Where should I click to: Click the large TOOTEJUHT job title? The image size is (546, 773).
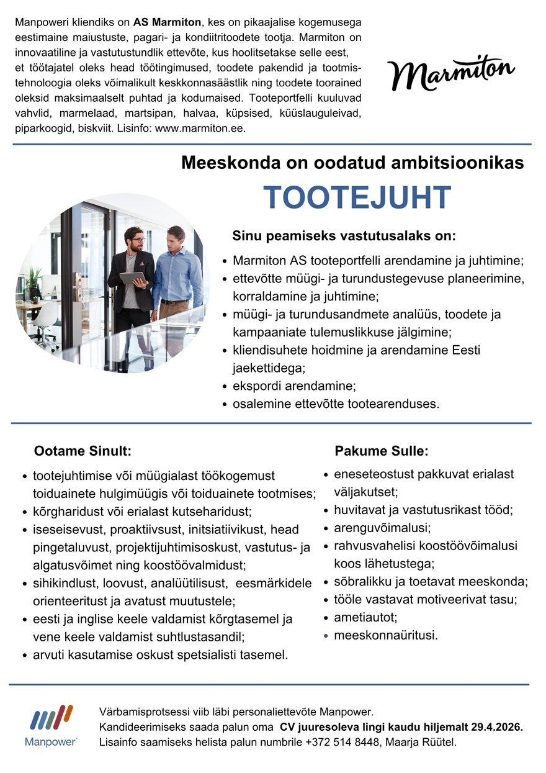(357, 197)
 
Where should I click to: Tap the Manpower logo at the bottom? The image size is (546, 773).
(51, 725)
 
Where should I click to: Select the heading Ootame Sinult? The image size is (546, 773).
(83, 451)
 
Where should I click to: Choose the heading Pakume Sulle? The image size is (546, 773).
(382, 451)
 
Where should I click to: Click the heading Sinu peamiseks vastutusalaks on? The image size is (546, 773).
(344, 237)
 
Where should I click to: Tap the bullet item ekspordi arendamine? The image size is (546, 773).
(294, 386)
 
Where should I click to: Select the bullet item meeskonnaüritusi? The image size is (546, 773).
(385, 635)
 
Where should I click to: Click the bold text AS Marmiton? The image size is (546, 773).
(168, 22)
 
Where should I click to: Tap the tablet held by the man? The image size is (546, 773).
(132, 279)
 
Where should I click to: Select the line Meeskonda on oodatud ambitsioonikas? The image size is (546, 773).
(352, 163)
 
